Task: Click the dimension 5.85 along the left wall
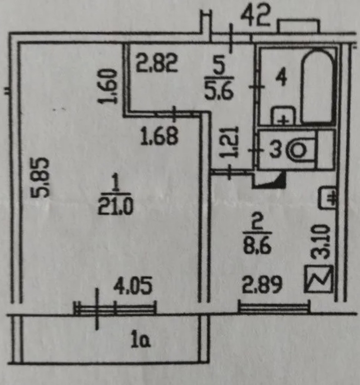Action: (x=41, y=177)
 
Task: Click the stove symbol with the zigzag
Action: (x=318, y=279)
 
